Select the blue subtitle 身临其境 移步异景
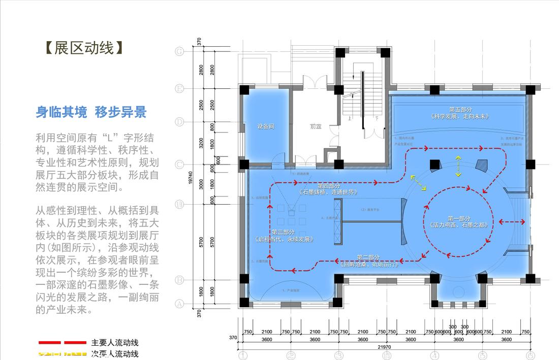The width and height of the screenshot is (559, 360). coord(91,112)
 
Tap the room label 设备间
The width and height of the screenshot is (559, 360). coord(265,126)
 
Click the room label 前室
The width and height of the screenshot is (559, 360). coord(316,126)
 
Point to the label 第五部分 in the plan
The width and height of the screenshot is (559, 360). coord(460,110)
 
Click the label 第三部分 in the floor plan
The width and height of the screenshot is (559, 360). coord(279,232)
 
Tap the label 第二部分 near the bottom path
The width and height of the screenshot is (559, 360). coord(368,257)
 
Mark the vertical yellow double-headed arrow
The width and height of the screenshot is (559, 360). coord(458,166)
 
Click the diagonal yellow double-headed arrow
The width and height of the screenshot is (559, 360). coord(419,183)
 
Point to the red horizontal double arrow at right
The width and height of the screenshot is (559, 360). coord(512,221)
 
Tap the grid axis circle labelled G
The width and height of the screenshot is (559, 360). coord(179,51)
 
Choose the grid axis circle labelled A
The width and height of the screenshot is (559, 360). coord(179,304)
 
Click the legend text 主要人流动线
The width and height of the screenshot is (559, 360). coord(115,343)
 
